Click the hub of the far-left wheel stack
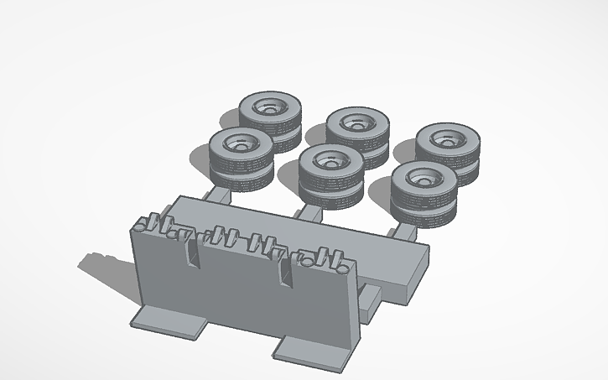pyautogui.click(x=240, y=144)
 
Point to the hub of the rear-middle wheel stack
pyautogui.click(x=356, y=122)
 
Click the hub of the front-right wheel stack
pyautogui.click(x=420, y=177)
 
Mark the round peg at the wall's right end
pyautogui.click(x=343, y=269)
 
